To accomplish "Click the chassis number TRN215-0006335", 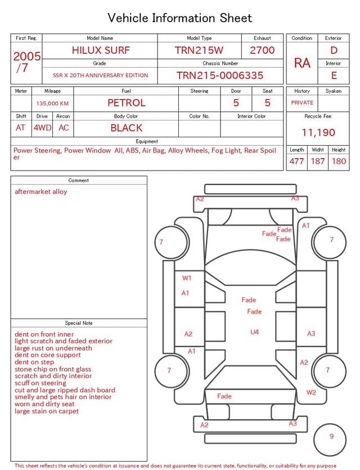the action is tap(220, 75).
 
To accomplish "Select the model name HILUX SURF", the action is tap(101, 50).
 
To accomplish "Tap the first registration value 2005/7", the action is tap(26, 62).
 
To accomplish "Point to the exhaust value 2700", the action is tap(262, 50).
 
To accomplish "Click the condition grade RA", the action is tap(302, 63).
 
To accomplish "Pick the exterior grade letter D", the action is tap(334, 50).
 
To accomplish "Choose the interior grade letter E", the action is tap(334, 75).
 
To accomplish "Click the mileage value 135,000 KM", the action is tap(52, 104).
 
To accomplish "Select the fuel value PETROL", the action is tap(127, 103).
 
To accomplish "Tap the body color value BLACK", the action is tap(127, 128).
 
